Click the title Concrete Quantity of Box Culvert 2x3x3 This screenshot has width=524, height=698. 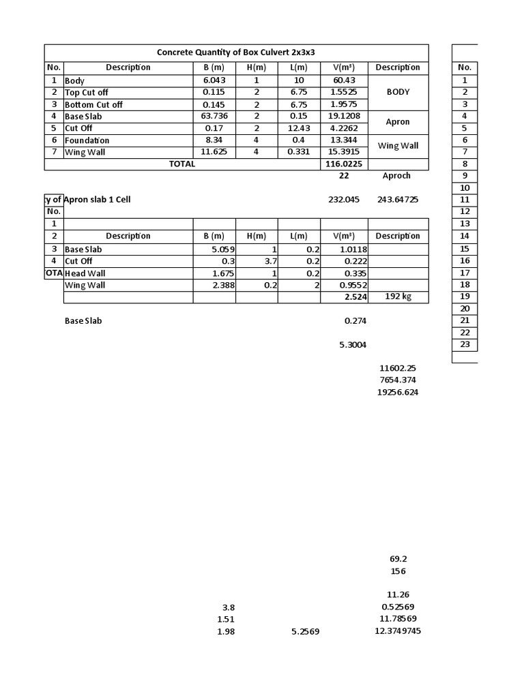pyautogui.click(x=236, y=52)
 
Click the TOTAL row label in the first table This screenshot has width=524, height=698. pyautogui.click(x=181, y=164)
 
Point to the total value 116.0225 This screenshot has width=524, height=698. pyautogui.click(x=343, y=164)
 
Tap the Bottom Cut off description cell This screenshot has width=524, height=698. pyautogui.click(x=94, y=104)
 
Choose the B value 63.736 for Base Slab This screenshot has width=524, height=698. pyautogui.click(x=214, y=117)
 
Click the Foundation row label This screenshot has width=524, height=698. pyautogui.click(x=87, y=140)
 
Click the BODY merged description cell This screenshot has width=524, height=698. pyautogui.click(x=398, y=92)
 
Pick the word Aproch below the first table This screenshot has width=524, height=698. pyautogui.click(x=396, y=176)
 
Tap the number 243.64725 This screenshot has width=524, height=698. pyautogui.click(x=398, y=200)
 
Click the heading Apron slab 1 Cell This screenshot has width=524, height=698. pyautogui.click(x=98, y=200)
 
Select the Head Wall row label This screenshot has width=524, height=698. pyautogui.click(x=85, y=273)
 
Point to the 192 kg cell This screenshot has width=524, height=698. pyautogui.click(x=398, y=297)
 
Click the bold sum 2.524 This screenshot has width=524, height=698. pyautogui.click(x=354, y=298)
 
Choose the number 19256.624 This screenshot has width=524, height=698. pyautogui.click(x=398, y=393)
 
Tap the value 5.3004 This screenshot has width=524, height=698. pyautogui.click(x=353, y=345)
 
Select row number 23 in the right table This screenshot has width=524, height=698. pyautogui.click(x=465, y=344)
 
